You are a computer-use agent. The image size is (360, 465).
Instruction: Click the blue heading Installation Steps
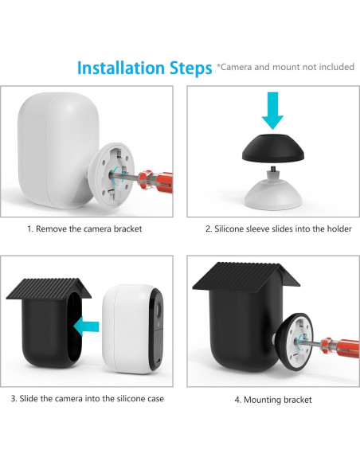[144, 68]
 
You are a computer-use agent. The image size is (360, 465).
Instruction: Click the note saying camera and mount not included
[286, 67]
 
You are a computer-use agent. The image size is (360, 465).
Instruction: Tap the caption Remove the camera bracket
[84, 229]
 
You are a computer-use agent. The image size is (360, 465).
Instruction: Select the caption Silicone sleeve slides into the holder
[279, 229]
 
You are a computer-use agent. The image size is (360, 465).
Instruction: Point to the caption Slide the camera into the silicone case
[87, 398]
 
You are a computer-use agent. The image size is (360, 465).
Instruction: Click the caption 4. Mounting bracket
[273, 400]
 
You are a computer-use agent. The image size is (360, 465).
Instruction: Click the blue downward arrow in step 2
[272, 111]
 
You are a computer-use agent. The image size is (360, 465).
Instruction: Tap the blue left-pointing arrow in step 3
[86, 326]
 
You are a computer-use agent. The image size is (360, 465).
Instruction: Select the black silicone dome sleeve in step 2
[273, 148]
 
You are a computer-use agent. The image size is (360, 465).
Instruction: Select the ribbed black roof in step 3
[49, 288]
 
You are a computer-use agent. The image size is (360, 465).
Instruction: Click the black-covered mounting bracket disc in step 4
[295, 342]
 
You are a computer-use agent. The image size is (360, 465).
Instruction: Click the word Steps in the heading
[190, 68]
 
